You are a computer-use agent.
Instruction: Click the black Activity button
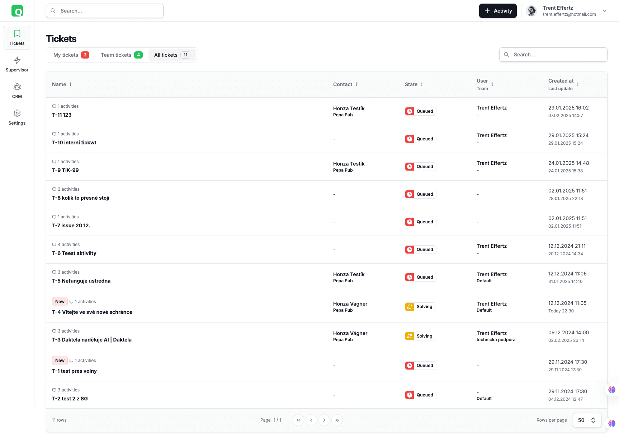click(498, 11)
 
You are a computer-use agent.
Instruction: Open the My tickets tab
click(71, 55)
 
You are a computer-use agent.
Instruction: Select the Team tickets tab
click(122, 55)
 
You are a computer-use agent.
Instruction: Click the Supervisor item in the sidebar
click(17, 64)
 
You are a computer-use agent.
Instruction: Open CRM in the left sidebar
click(17, 90)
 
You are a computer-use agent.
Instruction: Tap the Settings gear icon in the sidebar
click(17, 113)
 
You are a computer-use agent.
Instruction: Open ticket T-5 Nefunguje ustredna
click(81, 281)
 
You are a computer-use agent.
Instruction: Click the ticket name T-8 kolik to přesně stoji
click(81, 198)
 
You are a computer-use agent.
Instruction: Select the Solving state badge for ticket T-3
click(420, 336)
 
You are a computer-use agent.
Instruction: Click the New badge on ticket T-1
click(60, 361)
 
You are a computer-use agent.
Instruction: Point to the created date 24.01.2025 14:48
click(568, 163)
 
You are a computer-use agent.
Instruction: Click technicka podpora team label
click(496, 340)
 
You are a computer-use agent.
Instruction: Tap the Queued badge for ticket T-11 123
click(420, 111)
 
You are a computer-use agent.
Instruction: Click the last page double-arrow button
click(337, 420)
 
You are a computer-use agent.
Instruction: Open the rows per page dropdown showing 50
click(587, 420)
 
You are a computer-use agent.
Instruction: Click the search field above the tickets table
click(553, 55)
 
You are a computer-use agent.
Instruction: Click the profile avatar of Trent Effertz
click(531, 11)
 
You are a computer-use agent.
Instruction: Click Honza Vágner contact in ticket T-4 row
click(350, 304)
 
